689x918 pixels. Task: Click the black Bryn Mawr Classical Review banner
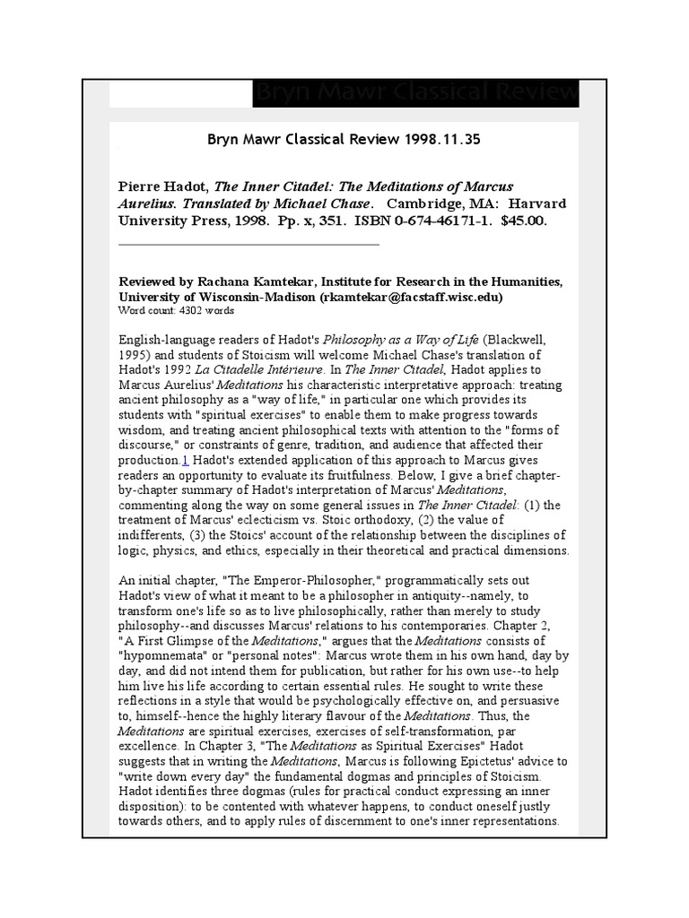(x=415, y=93)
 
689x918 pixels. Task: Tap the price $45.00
(x=519, y=220)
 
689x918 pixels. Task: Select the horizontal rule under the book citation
(x=249, y=244)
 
